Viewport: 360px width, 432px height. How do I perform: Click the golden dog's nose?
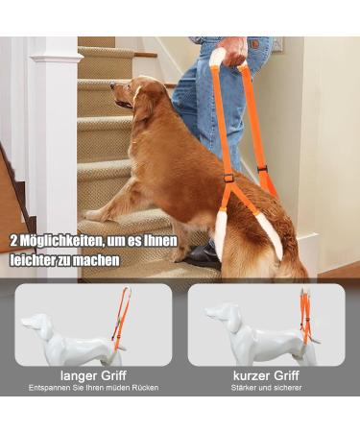pos(114,103)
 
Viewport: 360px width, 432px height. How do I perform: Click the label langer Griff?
pos(92,375)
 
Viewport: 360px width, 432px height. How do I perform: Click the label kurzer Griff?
pos(266,375)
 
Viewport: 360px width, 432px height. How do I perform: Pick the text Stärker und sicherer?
pos(266,388)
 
